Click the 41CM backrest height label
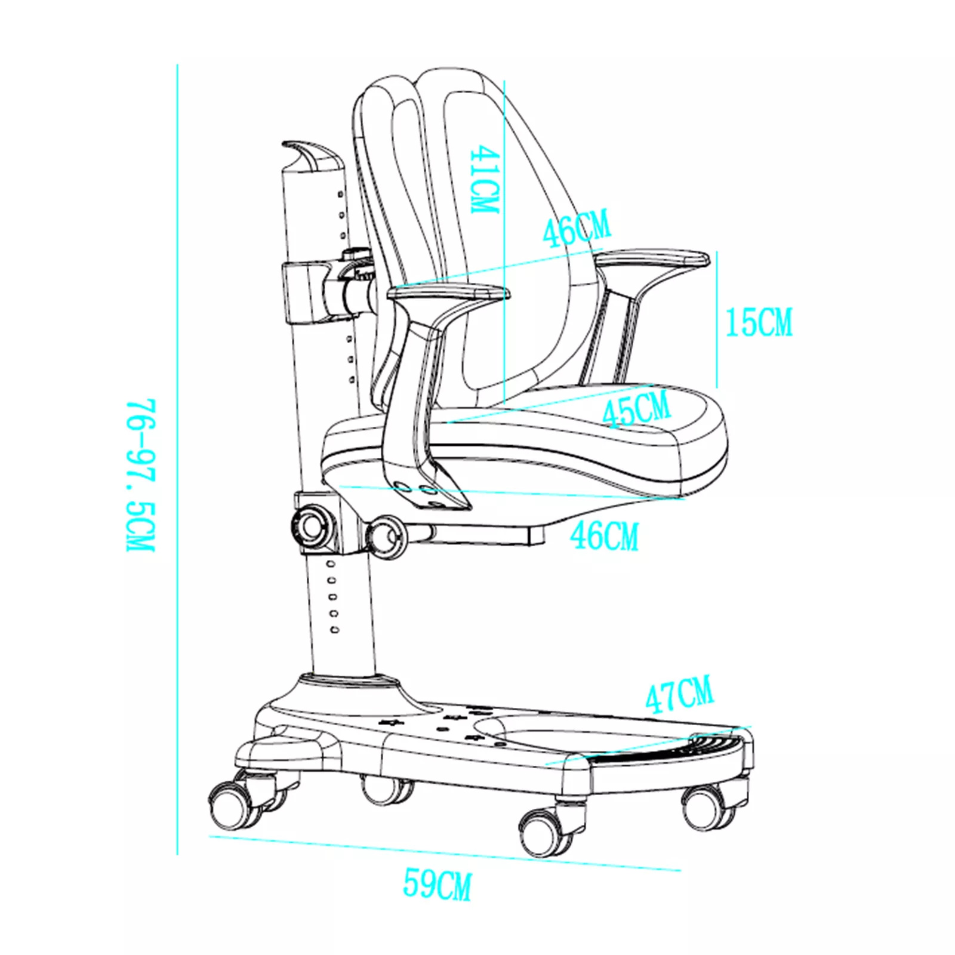point(484,180)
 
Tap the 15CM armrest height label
point(759,322)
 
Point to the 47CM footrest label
point(679,694)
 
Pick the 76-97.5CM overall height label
point(141,475)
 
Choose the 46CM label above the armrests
point(577,228)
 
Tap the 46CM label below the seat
point(604,535)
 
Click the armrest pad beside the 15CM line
point(652,259)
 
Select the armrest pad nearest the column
point(449,293)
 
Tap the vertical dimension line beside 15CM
point(717,320)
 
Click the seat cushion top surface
point(573,421)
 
